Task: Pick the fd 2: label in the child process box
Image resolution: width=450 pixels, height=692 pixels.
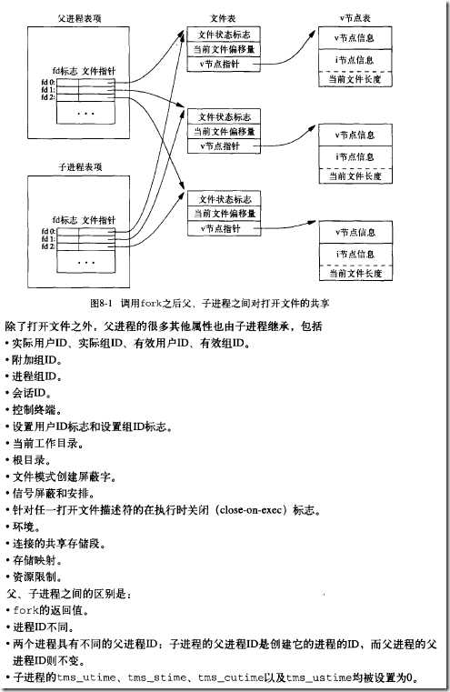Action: pos(46,246)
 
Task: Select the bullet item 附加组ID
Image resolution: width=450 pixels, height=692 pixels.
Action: pos(36,358)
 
